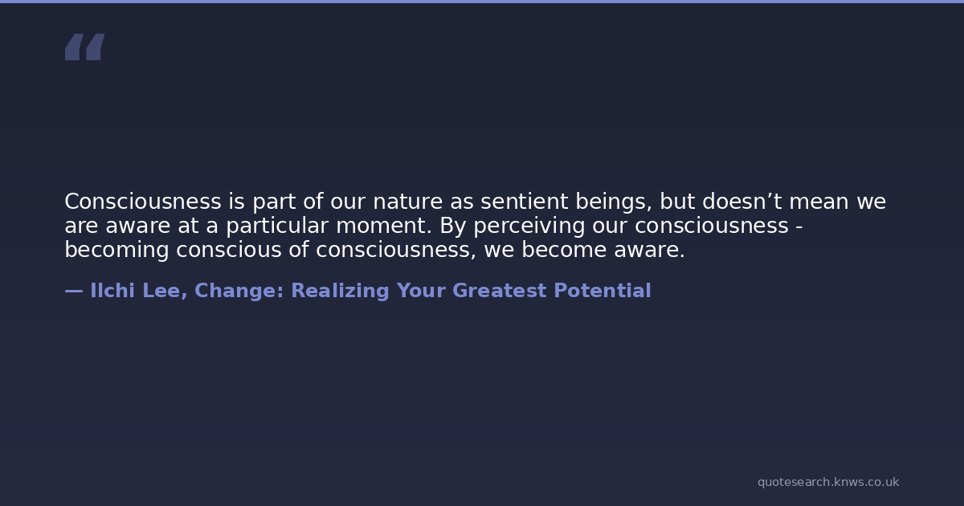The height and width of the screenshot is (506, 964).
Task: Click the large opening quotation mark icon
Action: pyautogui.click(x=85, y=47)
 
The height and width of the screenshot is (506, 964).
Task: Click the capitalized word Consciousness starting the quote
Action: pyautogui.click(x=143, y=202)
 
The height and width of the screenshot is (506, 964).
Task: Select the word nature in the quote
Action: pyautogui.click(x=407, y=202)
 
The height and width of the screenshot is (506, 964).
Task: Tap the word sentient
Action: pyautogui.click(x=524, y=202)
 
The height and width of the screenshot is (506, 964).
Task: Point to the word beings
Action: pyautogui.click(x=614, y=202)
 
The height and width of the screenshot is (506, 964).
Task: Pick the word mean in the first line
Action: pyautogui.click(x=819, y=202)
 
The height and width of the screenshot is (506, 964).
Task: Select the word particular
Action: pyautogui.click(x=278, y=226)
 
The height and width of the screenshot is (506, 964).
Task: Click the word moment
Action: pyautogui.click(x=383, y=226)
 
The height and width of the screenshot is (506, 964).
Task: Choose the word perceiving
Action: pyautogui.click(x=529, y=226)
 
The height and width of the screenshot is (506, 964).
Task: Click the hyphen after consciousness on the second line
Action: pyautogui.click(x=799, y=226)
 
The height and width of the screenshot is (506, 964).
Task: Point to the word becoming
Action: pyautogui.click(x=116, y=251)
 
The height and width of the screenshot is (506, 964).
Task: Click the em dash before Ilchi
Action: pyautogui.click(x=74, y=292)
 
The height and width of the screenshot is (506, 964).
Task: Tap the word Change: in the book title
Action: pyautogui.click(x=239, y=291)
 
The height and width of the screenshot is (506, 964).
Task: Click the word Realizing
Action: pyautogui.click(x=340, y=292)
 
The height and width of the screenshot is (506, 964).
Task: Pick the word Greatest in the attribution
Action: pyautogui.click(x=499, y=291)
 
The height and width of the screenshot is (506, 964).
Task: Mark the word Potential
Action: pyautogui.click(x=602, y=291)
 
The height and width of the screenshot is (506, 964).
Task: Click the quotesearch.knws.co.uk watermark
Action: pyautogui.click(x=828, y=482)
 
